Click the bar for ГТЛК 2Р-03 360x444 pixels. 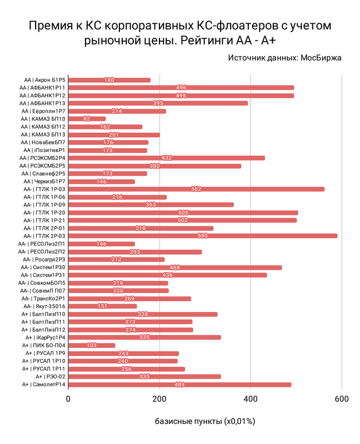203,236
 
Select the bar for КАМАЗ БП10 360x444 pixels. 87,119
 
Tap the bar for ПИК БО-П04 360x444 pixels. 92,345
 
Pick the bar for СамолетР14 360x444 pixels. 179,385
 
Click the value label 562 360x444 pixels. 196,189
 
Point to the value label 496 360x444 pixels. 181,88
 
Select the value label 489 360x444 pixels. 179,385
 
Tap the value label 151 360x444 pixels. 103,306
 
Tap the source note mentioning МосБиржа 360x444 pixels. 284,57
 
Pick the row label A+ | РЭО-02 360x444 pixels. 46,377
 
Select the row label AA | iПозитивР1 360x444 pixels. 44,150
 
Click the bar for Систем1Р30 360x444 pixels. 175,268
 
